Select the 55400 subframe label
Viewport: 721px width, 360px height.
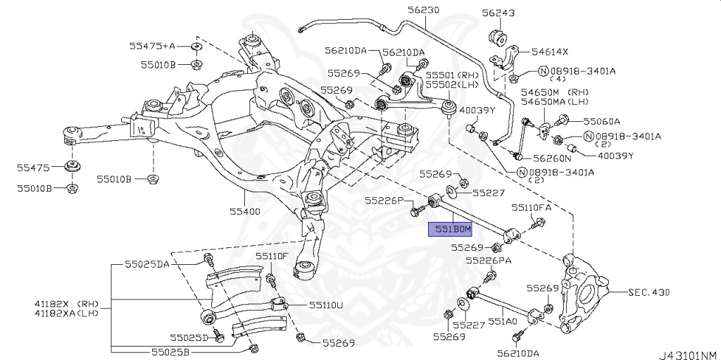pos(245,211)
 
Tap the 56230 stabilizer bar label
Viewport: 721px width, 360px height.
pos(422,11)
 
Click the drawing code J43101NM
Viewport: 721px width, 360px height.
pos(687,354)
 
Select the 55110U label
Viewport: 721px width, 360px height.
pos(326,305)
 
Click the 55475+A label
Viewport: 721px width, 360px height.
pos(151,46)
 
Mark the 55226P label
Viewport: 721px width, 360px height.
pos(384,201)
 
